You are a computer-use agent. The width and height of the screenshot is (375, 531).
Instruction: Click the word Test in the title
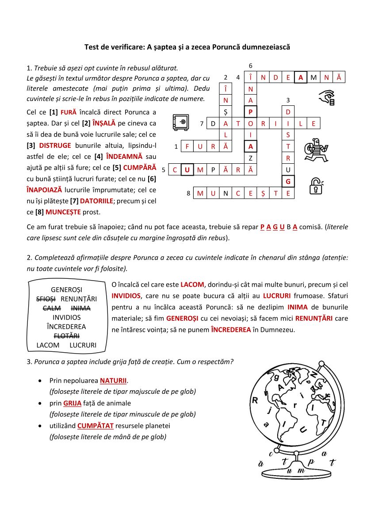point(92,47)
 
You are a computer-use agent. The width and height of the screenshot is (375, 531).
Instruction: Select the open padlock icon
point(316,186)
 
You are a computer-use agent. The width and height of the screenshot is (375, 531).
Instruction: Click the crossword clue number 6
point(251,65)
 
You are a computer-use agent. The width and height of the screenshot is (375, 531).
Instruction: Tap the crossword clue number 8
point(188,193)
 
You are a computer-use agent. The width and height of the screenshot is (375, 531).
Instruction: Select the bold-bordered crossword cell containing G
point(288,181)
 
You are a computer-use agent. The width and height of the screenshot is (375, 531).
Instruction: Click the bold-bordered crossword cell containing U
point(187,169)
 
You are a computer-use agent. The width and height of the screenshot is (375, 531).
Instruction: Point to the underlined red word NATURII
point(113,380)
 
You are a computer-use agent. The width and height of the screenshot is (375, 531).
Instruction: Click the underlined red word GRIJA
point(72,403)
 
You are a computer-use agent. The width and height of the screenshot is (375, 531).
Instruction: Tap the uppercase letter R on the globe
point(255,400)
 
